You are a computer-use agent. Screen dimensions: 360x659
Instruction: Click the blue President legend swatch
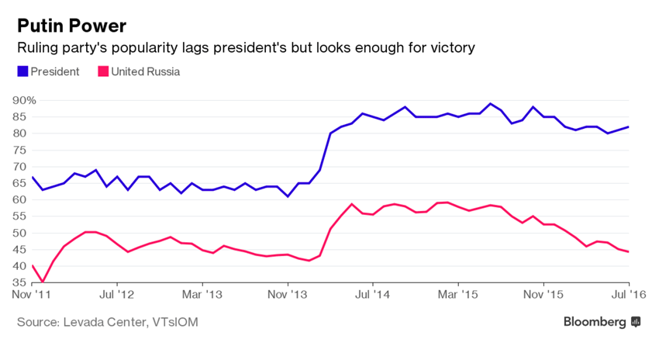point(23,72)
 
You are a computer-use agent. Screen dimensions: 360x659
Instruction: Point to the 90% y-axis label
point(23,100)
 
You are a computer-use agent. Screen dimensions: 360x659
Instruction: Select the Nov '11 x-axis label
point(31,295)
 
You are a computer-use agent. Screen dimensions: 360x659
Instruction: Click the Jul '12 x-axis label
point(116,295)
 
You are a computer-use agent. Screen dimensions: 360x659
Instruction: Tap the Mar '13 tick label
point(202,295)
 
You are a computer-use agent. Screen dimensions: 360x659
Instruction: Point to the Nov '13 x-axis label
point(288,295)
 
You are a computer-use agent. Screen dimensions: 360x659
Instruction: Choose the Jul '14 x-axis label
point(373,295)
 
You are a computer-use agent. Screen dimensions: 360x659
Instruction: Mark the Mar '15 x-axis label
point(458,295)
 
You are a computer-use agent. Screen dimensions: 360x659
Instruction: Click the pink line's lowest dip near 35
point(43,282)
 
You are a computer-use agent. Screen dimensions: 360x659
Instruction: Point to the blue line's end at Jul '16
point(628,126)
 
